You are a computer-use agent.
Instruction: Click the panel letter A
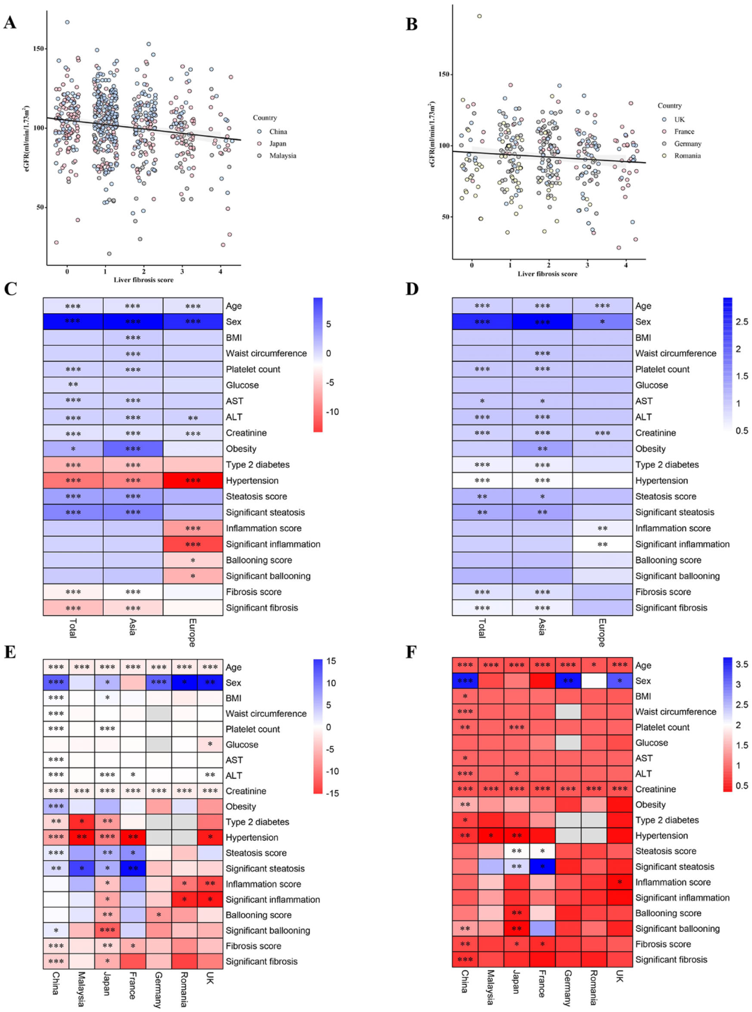tap(10, 23)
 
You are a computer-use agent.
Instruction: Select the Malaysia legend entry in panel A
tap(282, 156)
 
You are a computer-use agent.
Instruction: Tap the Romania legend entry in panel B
tap(687, 156)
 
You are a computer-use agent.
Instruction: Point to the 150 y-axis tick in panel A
tap(38, 49)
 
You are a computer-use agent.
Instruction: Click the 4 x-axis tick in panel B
tap(626, 265)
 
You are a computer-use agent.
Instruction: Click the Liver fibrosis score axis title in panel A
tap(143, 280)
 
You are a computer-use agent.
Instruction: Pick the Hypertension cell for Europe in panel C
tap(193, 481)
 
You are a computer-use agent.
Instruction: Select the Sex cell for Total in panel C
tap(73, 322)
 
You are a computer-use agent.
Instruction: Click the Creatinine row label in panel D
tap(655, 433)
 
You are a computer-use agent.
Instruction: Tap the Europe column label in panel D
tap(602, 632)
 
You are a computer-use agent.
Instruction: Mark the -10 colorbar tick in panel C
tap(332, 412)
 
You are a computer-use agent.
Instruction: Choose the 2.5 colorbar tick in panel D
tap(742, 322)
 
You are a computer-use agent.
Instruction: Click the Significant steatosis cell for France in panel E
tap(133, 869)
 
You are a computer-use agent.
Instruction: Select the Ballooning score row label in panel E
tap(258, 915)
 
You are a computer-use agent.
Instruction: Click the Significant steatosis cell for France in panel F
tap(542, 867)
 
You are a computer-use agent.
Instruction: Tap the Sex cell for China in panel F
tap(465, 681)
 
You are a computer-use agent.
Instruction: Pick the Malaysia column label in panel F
tap(491, 987)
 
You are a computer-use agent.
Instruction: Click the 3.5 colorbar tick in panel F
tap(742, 665)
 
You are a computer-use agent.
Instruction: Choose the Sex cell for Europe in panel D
tap(602, 322)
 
